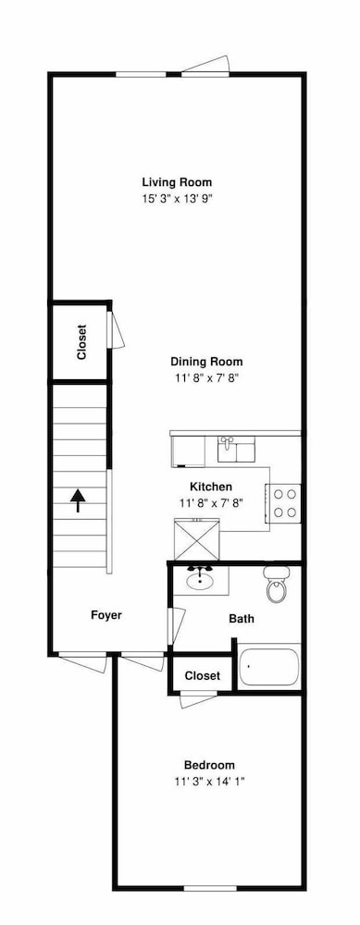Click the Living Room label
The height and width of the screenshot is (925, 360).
point(176,181)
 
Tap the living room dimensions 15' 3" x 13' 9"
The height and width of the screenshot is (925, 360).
point(176,198)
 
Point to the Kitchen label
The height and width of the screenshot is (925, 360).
point(211,487)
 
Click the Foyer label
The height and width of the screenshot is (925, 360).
point(106,615)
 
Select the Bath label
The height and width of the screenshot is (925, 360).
point(242,619)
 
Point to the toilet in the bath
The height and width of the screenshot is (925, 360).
point(277,584)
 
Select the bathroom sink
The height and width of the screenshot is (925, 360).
point(198,581)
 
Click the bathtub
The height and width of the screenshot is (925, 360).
point(269,666)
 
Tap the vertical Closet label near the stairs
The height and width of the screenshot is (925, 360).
point(81,341)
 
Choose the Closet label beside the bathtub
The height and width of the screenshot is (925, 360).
point(203,676)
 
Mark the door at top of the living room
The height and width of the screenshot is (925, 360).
point(205,66)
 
